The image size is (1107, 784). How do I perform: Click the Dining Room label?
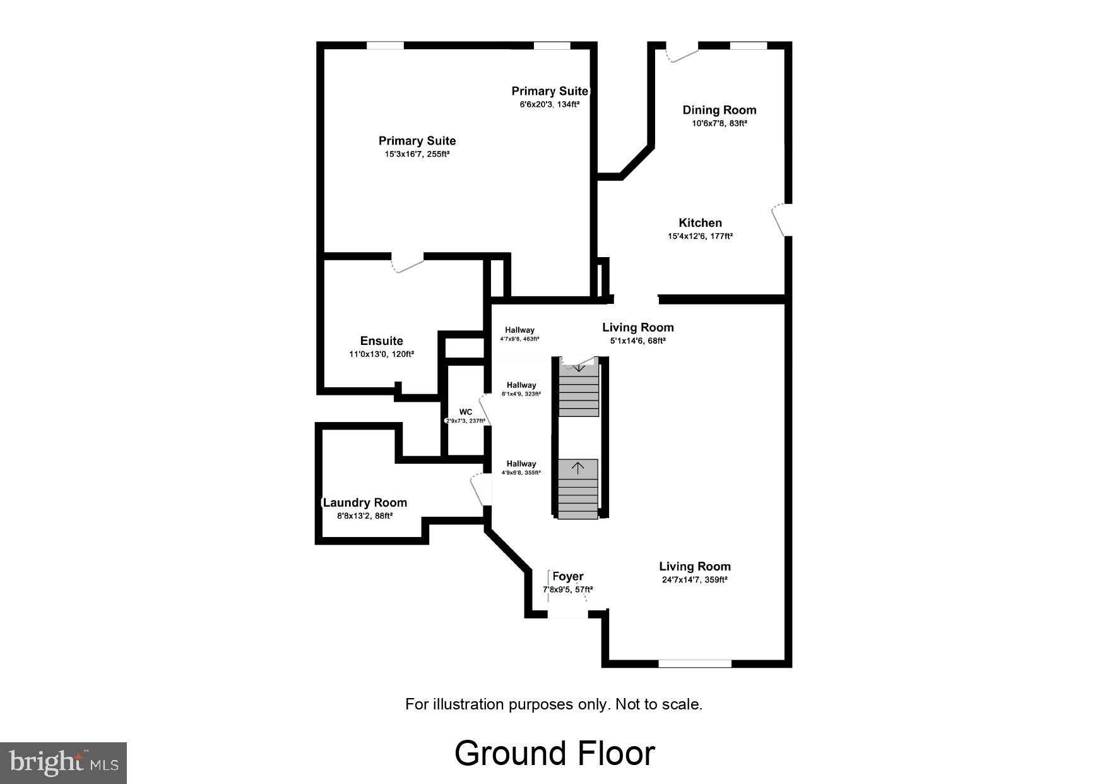pos(719,110)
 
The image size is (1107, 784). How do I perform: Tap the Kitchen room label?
pos(700,222)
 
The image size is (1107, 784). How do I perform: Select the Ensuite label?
pos(381,341)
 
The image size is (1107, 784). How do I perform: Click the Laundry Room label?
pos(365,503)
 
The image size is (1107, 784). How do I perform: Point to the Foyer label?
pos(568,576)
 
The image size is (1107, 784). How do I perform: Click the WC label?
pos(466,412)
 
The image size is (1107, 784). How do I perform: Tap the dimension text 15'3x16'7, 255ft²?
pos(417,154)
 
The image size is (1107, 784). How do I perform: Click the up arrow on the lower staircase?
pos(577,468)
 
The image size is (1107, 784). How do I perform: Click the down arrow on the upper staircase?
pos(578,366)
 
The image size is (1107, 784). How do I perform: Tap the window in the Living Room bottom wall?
pos(695,663)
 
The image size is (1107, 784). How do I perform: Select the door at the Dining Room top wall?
pos(682,52)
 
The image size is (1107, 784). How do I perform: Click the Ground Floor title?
pos(554,753)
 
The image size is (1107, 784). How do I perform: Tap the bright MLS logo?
pos(63,763)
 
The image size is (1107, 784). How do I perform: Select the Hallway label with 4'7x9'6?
pos(519,330)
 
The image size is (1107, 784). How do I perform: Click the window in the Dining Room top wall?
pos(749,45)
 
